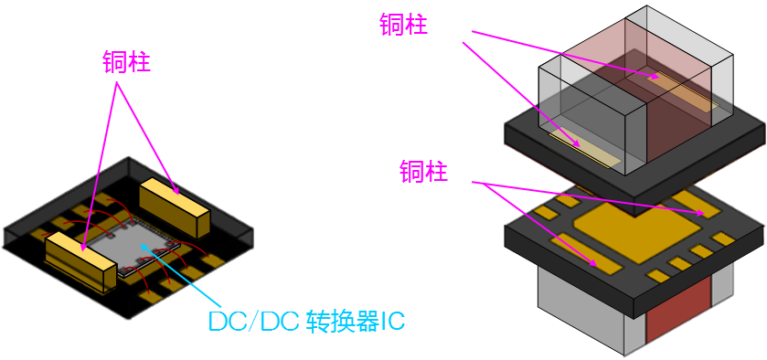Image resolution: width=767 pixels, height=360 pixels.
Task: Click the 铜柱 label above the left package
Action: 127,62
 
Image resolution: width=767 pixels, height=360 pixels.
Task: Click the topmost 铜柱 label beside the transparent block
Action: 403,25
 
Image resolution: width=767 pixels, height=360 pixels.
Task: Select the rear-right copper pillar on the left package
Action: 175,203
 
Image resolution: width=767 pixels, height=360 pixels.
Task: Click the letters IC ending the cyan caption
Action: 391,322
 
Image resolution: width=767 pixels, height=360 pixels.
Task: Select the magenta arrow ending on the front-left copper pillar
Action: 99,164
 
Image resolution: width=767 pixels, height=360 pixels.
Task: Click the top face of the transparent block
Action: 640,46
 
